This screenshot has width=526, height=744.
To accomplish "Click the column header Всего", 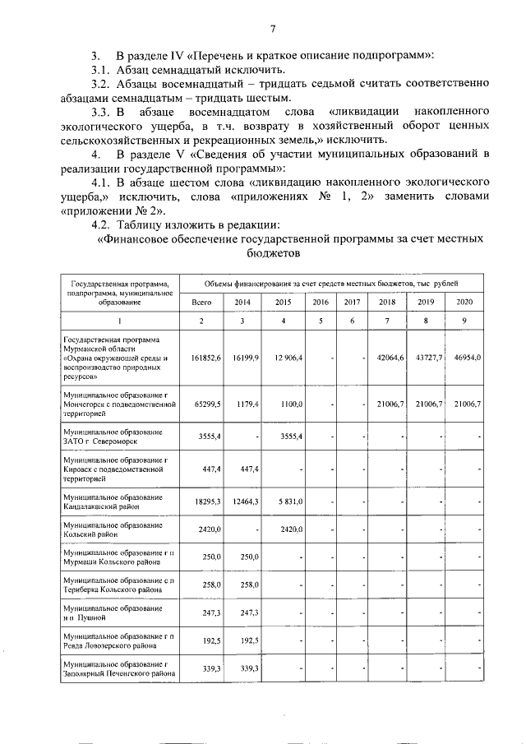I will [202, 302].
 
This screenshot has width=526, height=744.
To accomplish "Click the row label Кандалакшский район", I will [103, 506].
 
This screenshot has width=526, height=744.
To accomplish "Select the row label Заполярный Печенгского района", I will [119, 673].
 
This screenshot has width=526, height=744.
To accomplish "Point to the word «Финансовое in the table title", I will [139, 240].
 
